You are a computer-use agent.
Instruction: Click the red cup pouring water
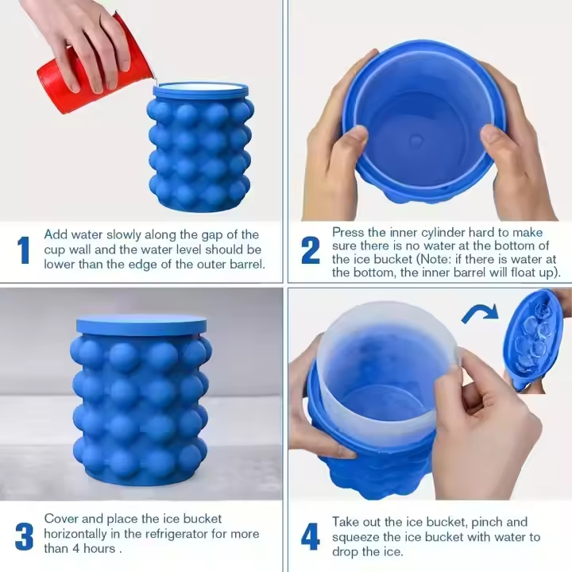click(x=87, y=71)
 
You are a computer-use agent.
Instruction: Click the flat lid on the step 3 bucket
click(x=141, y=323)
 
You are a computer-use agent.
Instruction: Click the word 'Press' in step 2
click(x=348, y=232)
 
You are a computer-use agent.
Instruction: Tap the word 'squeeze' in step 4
click(x=357, y=537)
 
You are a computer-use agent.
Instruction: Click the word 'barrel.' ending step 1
click(x=242, y=264)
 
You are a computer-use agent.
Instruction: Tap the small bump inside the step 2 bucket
click(x=416, y=141)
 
